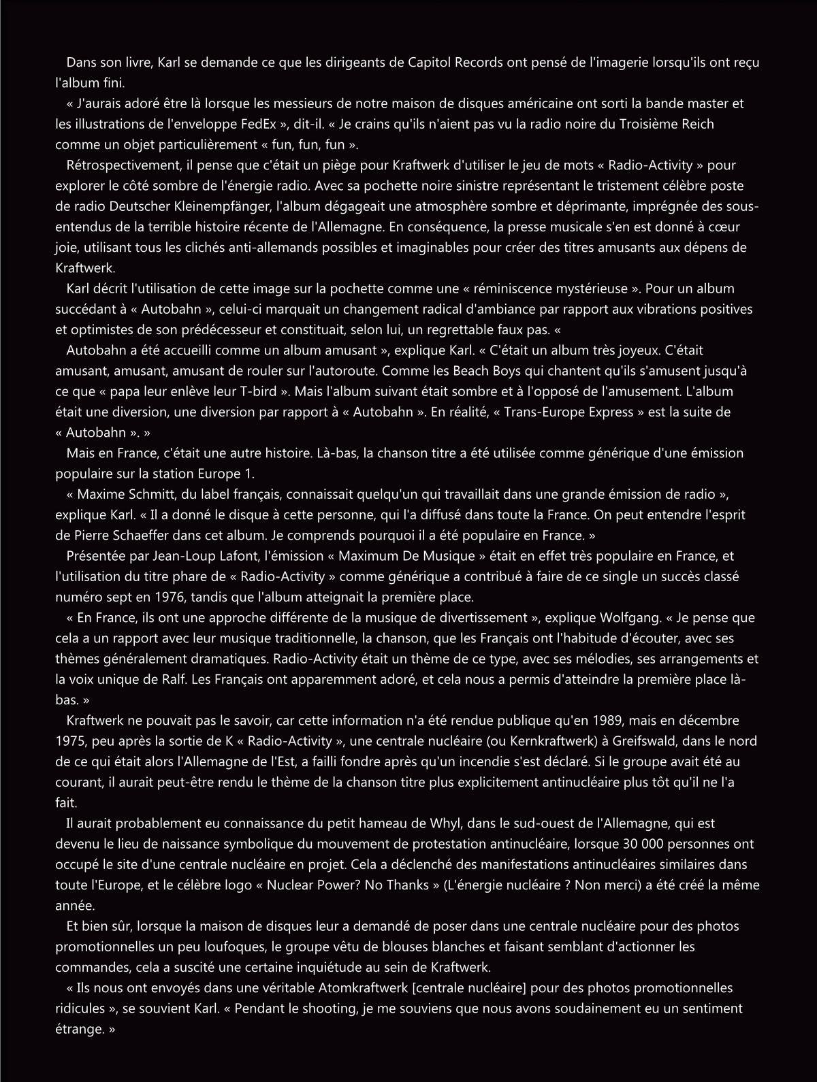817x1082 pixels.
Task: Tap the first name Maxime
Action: point(102,494)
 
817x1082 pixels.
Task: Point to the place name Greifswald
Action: point(646,741)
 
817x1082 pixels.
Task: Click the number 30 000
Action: point(645,844)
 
